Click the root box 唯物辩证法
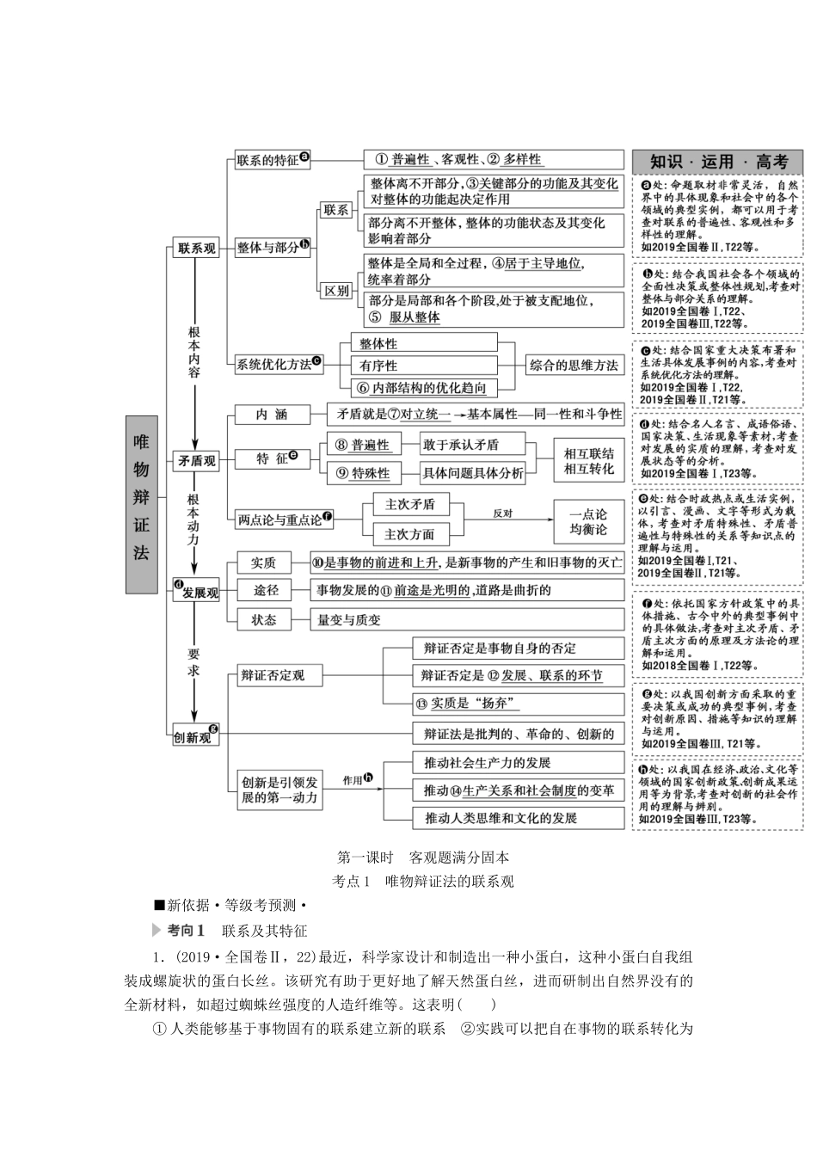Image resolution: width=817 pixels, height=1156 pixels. [x=141, y=504]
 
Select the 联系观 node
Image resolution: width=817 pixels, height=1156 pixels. [x=196, y=248]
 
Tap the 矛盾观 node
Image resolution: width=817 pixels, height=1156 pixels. [x=196, y=460]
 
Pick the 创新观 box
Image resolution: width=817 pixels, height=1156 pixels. [x=193, y=736]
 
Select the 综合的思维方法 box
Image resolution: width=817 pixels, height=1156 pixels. [x=573, y=365]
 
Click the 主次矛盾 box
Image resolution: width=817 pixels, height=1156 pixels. [x=409, y=504]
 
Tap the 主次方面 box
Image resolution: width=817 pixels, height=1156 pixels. [x=409, y=533]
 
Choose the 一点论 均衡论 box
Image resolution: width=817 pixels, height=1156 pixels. [x=588, y=521]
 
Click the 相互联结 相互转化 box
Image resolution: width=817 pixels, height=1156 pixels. [x=589, y=461]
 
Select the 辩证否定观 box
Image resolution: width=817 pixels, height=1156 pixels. [x=273, y=675]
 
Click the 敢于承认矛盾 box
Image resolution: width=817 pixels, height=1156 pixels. [x=460, y=445]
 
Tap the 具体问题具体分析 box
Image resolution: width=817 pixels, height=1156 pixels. [x=471, y=473]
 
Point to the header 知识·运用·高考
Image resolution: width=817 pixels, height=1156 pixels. [x=718, y=161]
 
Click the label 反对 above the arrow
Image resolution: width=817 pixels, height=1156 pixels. [x=502, y=513]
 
